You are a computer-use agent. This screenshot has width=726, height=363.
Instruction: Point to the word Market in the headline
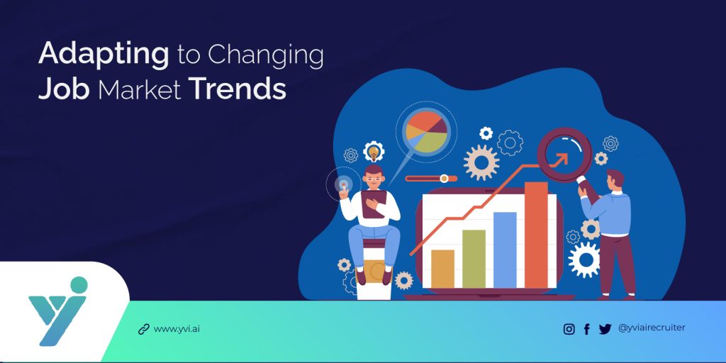[139, 90]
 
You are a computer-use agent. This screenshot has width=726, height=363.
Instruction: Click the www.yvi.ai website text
[177, 328]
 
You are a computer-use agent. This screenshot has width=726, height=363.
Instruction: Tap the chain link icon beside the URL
[144, 329]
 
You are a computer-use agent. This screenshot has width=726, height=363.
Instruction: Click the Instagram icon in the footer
[569, 329]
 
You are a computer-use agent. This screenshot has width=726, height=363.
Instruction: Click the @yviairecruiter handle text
[652, 328]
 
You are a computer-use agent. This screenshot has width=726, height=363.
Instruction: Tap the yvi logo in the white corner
[59, 312]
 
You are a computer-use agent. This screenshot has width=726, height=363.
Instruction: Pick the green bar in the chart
[474, 259]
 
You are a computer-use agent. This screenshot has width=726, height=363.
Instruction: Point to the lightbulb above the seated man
[373, 152]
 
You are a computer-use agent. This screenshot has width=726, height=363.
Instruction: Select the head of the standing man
[615, 180]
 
